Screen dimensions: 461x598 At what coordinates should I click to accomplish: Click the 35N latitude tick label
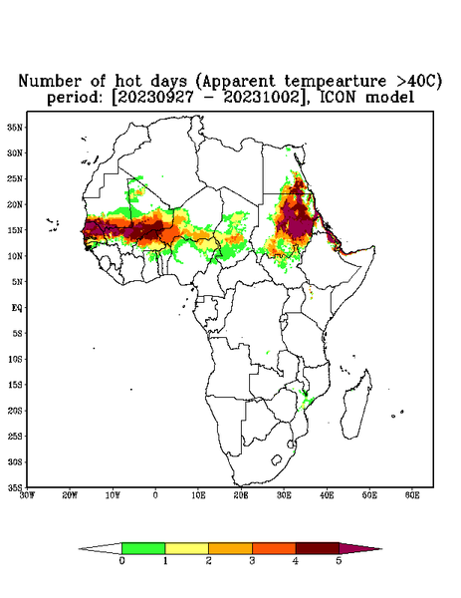[x=15, y=128]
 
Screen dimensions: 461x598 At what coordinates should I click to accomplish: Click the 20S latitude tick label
[x=15, y=411]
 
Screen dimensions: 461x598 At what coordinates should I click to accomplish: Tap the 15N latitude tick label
[x=15, y=230]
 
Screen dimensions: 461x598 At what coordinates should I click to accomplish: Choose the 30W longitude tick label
[x=27, y=495]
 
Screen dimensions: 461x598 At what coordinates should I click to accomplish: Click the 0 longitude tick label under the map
[x=155, y=495]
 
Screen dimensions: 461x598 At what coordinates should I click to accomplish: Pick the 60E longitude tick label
[x=412, y=495]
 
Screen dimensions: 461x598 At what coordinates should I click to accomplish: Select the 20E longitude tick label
[x=241, y=495]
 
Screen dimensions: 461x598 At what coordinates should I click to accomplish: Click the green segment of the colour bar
[x=143, y=548]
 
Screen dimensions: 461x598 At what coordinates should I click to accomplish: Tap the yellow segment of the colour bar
[x=186, y=548]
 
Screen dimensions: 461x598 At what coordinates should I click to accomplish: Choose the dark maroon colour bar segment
[x=318, y=548]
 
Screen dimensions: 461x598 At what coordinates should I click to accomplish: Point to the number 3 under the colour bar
[x=252, y=561]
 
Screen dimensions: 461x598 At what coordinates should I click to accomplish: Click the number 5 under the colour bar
[x=340, y=561]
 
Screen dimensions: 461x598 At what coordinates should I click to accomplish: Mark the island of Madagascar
[x=357, y=405]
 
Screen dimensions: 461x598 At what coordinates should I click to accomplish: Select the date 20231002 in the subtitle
[x=262, y=98]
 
